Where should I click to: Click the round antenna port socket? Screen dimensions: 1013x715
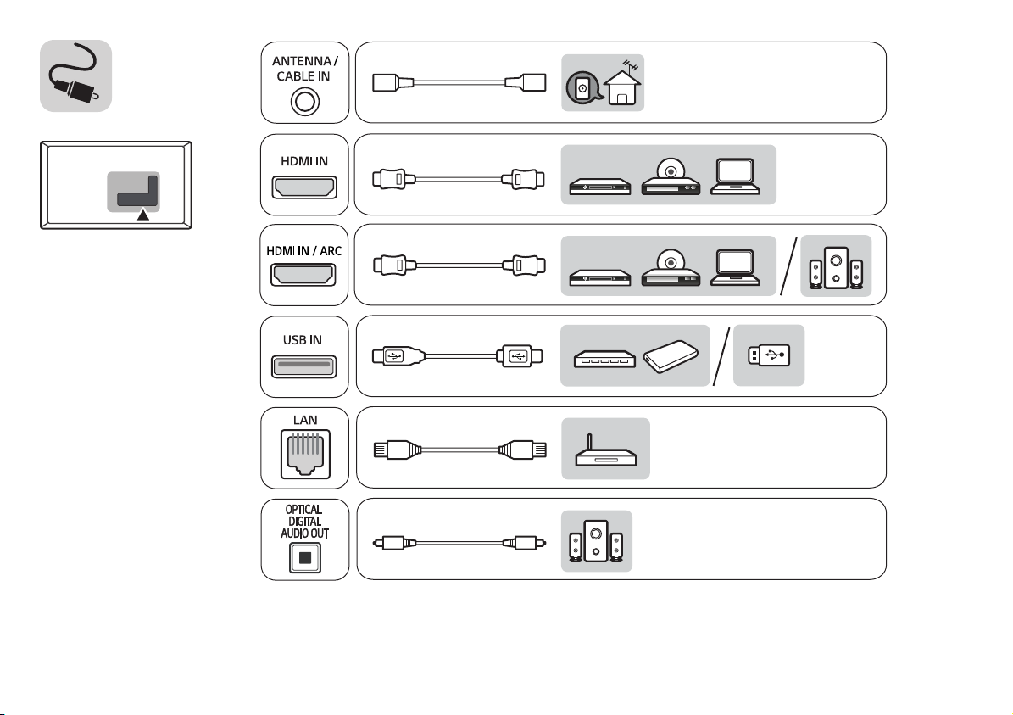click(305, 102)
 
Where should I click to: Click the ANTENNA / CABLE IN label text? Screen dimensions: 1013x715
click(305, 69)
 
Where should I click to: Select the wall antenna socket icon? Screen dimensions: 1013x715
click(582, 87)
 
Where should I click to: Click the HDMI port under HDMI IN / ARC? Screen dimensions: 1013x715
click(303, 275)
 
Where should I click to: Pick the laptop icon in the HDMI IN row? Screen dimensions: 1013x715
click(735, 176)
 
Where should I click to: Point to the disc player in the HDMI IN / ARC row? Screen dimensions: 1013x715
click(671, 268)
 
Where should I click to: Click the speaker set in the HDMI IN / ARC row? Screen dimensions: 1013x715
click(836, 267)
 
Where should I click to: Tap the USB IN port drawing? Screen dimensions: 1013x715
click(303, 366)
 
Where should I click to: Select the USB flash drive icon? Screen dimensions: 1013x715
click(769, 355)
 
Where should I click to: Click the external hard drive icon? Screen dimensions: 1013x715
click(671, 356)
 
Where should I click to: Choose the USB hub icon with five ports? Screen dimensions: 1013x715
click(604, 359)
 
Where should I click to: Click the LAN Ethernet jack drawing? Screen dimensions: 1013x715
click(305, 454)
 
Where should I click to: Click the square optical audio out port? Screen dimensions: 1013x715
click(305, 557)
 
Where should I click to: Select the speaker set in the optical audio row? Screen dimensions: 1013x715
click(596, 541)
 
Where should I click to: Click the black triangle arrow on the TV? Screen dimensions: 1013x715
click(142, 214)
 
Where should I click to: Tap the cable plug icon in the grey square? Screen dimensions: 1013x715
click(75, 75)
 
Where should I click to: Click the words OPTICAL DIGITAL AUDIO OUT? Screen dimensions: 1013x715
click(304, 521)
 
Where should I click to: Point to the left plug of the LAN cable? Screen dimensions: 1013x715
click(398, 450)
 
